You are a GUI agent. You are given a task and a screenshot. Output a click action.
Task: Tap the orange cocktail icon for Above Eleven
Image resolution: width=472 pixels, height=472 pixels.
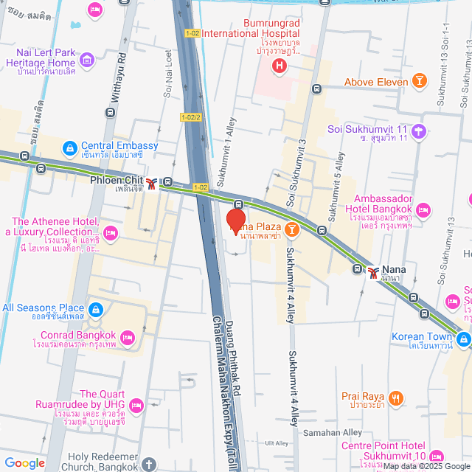point(419,81)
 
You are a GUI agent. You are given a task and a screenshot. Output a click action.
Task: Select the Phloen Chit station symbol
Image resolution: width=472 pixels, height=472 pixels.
point(152,183)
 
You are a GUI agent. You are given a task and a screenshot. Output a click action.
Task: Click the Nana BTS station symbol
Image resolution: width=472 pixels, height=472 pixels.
point(375,272)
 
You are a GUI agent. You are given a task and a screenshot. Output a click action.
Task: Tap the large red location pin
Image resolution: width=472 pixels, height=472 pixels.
point(235,221)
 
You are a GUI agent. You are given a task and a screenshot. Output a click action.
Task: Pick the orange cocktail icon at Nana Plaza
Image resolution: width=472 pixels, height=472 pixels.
point(292,230)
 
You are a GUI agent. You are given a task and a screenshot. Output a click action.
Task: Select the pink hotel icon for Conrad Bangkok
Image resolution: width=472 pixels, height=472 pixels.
point(128,339)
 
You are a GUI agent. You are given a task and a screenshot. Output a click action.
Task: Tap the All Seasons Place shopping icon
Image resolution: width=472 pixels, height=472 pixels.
point(95,308)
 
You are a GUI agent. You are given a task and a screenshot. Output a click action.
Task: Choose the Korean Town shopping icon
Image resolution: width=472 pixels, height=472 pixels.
point(463,339)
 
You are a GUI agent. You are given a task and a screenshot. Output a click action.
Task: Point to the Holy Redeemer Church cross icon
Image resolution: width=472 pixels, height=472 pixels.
point(148,465)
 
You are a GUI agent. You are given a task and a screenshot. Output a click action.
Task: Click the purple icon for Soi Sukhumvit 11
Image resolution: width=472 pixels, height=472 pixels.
point(419,132)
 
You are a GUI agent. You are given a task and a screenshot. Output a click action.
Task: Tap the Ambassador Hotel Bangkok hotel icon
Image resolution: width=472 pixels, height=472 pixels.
point(423,212)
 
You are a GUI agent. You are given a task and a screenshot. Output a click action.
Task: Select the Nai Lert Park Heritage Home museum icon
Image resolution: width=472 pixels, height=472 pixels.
point(87,59)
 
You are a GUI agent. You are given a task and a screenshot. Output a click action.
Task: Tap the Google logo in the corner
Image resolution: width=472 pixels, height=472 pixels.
point(24,462)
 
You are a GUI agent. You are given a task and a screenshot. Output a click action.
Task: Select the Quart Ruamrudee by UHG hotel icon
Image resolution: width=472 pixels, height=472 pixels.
point(136,405)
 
